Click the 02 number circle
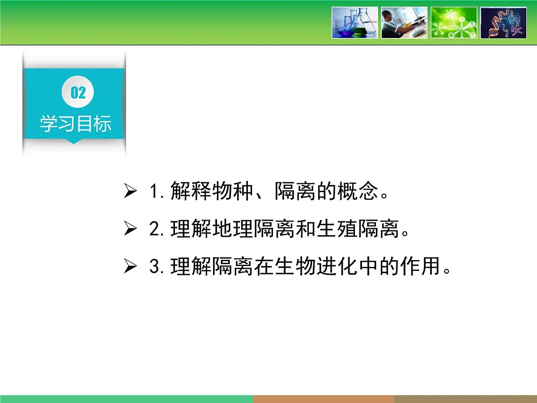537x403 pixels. click(78, 93)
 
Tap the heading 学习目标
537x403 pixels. click(76, 124)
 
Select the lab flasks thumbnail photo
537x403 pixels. click(355, 22)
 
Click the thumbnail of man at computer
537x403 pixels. click(404, 22)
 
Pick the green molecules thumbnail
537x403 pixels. click(454, 22)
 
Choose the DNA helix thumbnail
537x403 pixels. click(503, 22)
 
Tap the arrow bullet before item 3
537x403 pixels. click(130, 267)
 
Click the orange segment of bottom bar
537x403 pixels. click(323, 399)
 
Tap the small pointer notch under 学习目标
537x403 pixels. click(74, 141)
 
